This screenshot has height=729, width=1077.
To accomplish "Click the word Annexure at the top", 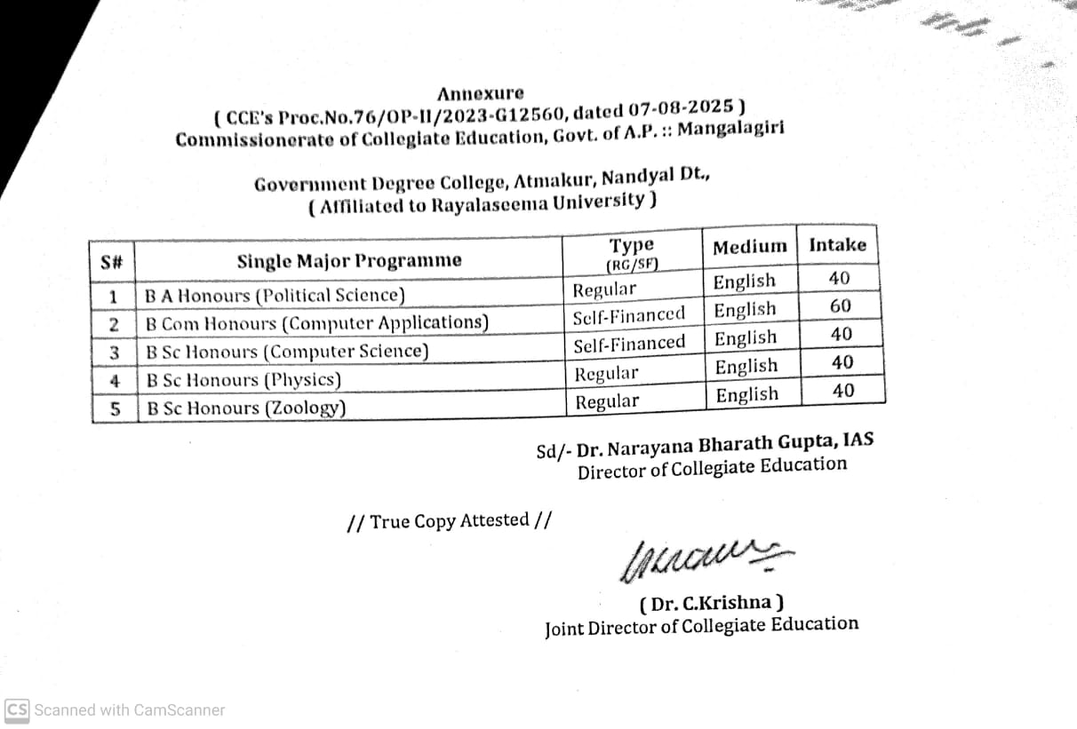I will (480, 93).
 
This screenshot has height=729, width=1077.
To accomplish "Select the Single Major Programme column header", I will (349, 261).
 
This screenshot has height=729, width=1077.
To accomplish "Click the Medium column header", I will (749, 247).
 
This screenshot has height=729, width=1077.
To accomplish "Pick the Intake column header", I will (837, 244).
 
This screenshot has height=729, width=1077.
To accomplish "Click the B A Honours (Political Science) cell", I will (275, 295).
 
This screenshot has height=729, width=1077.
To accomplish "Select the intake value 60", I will (840, 306).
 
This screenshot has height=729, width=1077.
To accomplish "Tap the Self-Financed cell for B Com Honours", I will (629, 314).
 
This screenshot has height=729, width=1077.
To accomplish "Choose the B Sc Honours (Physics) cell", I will (243, 380).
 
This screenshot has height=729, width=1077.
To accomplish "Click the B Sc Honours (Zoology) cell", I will (246, 408).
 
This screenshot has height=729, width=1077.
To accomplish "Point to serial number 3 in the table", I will (115, 353).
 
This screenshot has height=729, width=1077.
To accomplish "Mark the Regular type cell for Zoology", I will (607, 402).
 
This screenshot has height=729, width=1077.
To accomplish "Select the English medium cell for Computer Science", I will (746, 338).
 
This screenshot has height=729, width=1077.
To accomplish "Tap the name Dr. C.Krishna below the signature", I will (712, 604).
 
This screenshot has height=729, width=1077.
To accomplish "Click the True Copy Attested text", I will (449, 521).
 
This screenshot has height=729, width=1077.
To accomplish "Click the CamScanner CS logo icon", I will (17, 709).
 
